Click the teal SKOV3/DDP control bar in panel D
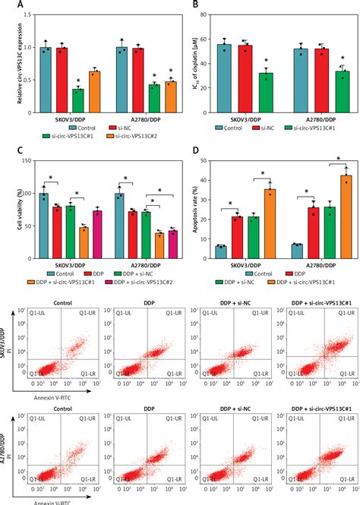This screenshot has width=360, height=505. tap(220, 254)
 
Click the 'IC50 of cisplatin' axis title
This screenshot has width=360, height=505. tap(200, 59)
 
